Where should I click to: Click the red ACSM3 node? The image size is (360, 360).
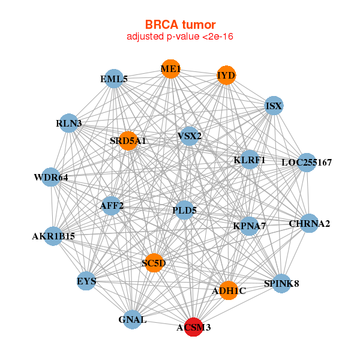point(193,328)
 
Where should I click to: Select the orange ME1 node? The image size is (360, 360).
point(170,68)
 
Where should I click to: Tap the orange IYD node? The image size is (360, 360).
point(226,76)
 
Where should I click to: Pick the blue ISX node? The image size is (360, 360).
point(274,106)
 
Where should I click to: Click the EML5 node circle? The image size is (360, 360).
point(114,79)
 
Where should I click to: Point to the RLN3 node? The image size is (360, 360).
point(69,123)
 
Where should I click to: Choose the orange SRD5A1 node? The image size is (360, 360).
point(128,141)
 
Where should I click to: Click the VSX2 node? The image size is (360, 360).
point(189,136)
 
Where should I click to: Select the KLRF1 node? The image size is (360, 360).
point(250,160)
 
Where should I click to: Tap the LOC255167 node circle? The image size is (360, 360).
point(306,162)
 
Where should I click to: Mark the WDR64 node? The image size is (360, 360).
point(51,177)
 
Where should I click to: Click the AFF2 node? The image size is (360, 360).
point(112,206)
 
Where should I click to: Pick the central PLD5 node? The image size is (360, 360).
point(184,210)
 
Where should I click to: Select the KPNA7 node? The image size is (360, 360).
point(249,226)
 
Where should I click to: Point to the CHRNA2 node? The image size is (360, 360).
point(309,223)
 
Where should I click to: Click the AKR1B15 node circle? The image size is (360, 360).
point(53,236)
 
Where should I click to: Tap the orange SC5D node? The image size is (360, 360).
point(154,263)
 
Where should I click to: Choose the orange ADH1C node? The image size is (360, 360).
point(229,290)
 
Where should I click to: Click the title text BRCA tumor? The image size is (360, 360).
point(179,25)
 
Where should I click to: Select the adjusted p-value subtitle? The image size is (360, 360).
point(179,37)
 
